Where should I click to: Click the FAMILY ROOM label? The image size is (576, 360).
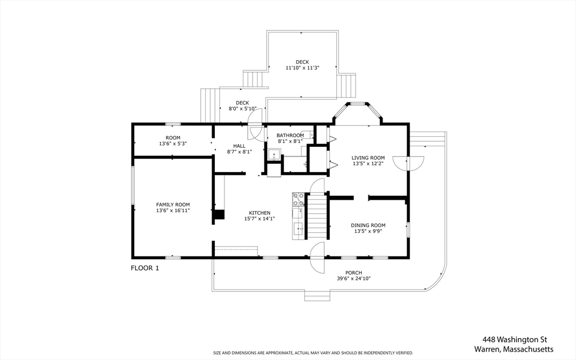click(173, 205)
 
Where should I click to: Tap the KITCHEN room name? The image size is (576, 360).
click(260, 213)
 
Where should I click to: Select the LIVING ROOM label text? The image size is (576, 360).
click(368, 157)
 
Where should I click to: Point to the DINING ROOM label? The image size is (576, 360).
click(368, 225)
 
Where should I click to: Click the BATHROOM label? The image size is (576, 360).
click(290, 135)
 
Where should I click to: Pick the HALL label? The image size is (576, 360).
click(239, 146)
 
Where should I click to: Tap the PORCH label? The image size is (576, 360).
click(354, 273)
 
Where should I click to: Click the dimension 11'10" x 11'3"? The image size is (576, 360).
click(302, 68)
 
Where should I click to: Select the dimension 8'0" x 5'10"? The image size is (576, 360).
click(242, 109)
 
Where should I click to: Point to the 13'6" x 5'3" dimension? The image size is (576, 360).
click(173, 143)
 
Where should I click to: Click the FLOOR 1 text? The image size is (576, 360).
click(145, 268)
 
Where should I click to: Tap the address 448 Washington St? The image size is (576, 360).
click(515, 339)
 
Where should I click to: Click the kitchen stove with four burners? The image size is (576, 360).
click(298, 200)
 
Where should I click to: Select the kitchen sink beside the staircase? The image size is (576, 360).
click(298, 228)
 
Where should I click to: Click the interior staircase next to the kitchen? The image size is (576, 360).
click(317, 216)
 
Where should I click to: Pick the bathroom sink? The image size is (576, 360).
click(274, 155)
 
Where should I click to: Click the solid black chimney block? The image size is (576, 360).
click(219, 214)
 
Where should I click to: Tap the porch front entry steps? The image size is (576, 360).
click(317, 295)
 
